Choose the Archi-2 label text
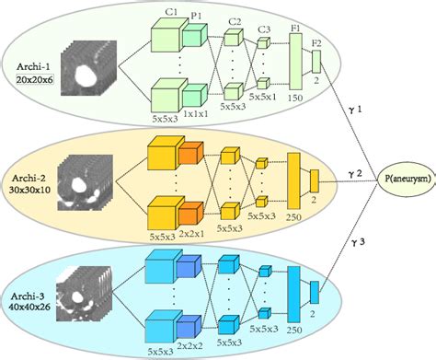coord(32,174)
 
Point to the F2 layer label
coord(317,41)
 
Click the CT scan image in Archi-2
coord(85,181)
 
